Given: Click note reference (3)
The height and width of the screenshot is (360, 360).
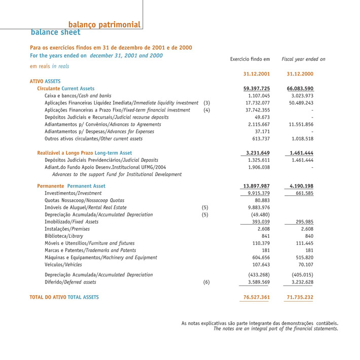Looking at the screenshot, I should pyautogui.click(x=206, y=103).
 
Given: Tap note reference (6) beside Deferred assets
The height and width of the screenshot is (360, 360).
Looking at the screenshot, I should pyautogui.click(x=206, y=282).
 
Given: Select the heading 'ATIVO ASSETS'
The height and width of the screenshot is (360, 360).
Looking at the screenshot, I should pyautogui.click(x=45, y=81).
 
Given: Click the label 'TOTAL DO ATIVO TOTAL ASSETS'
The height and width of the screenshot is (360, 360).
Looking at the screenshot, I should pyautogui.click(x=64, y=297).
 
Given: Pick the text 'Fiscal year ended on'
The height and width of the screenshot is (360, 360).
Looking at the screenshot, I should pyautogui.click(x=303, y=59).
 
